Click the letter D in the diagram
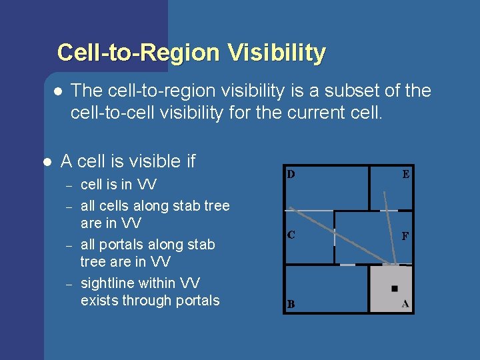(291, 175)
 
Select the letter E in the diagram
(405, 175)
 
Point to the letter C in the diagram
(291, 235)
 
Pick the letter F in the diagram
(405, 236)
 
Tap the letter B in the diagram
(291, 304)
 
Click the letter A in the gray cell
(405, 304)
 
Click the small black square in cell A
(395, 288)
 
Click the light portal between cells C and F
(334, 237)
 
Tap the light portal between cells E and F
(389, 211)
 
